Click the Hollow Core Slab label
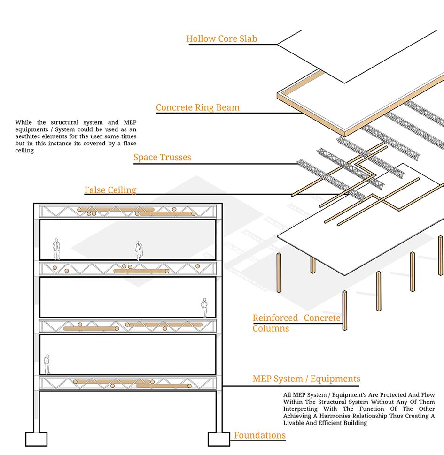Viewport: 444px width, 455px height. tap(221, 39)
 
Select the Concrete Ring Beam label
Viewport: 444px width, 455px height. tap(197, 107)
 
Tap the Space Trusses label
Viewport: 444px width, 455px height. tap(162, 157)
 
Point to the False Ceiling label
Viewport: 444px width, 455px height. tap(110, 190)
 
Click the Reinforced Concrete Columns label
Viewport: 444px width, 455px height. tap(296, 323)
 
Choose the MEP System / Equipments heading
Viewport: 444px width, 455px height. tap(306, 379)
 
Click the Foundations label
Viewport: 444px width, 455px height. tap(260, 435)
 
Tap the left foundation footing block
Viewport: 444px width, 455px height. tap(36, 439)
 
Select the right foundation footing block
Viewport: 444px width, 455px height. tap(219, 439)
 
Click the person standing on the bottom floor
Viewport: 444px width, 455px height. tap(47, 364)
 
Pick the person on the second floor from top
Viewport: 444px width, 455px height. tap(204, 308)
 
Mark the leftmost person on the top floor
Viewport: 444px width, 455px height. tap(56, 249)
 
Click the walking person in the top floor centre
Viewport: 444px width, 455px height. tap(139, 250)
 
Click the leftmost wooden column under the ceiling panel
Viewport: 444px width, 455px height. tap(279, 273)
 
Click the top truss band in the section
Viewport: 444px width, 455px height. tap(128, 212)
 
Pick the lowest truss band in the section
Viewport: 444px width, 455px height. tap(128, 383)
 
